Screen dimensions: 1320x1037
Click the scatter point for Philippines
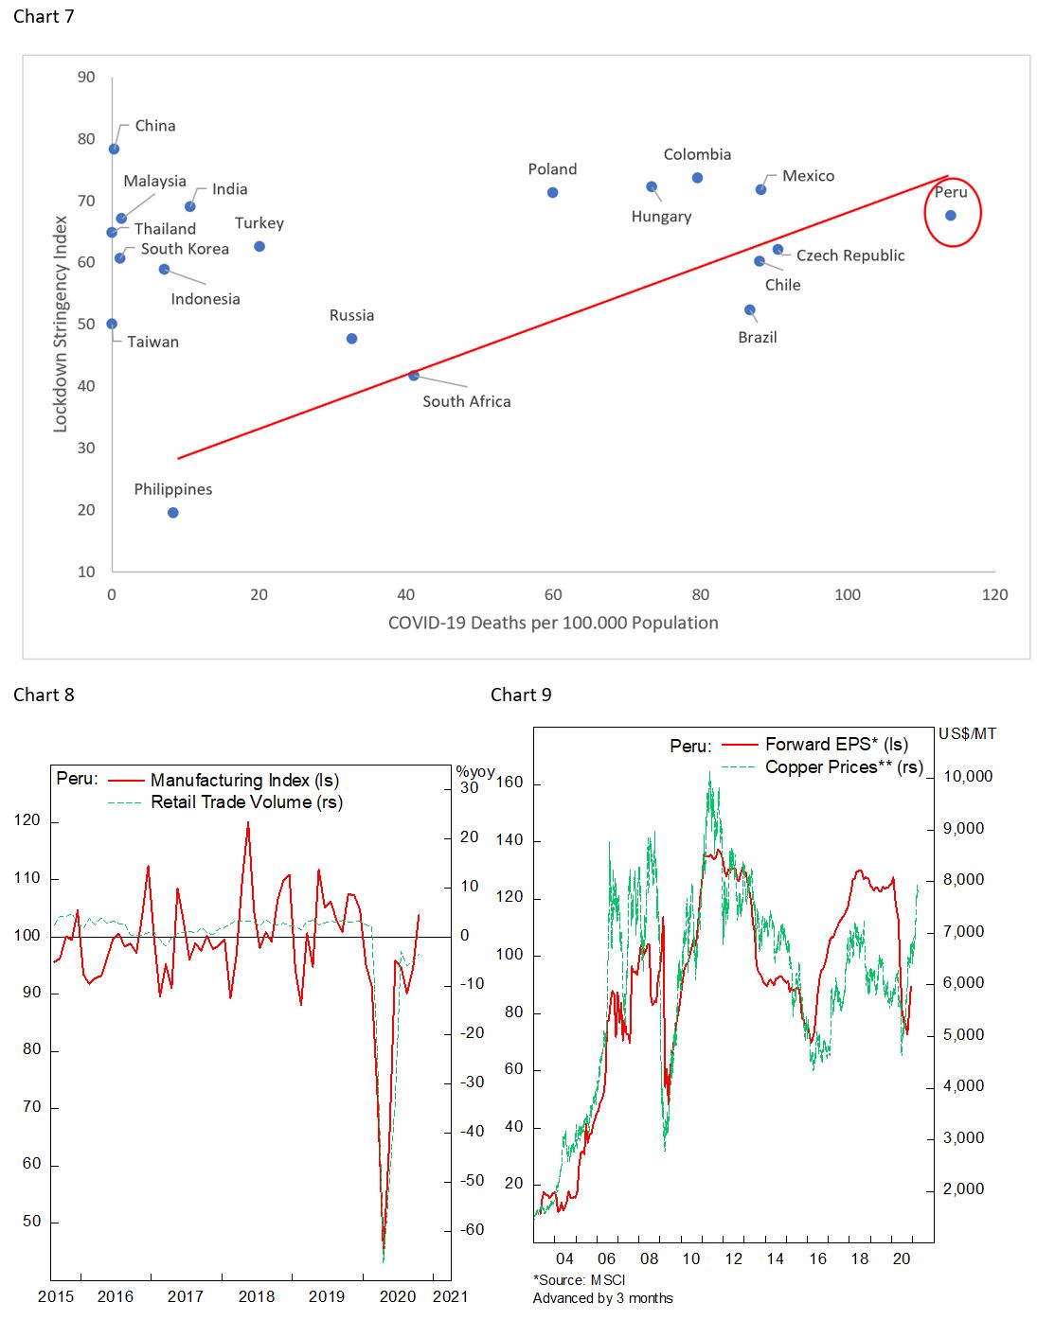pyautogui.click(x=173, y=513)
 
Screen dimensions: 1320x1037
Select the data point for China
pyautogui.click(x=115, y=150)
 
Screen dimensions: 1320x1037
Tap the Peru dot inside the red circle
pyautogui.click(x=951, y=216)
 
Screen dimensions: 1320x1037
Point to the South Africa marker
pyautogui.click(x=414, y=376)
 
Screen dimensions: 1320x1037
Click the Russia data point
pyautogui.click(x=352, y=339)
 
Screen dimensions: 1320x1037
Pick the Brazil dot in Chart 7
pyautogui.click(x=750, y=310)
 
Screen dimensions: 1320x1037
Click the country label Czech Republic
pyautogui.click(x=849, y=255)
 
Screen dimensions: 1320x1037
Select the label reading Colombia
pyautogui.click(x=697, y=154)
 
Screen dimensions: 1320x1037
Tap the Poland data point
pyautogui.click(x=553, y=193)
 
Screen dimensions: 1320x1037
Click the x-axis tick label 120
pyautogui.click(x=994, y=595)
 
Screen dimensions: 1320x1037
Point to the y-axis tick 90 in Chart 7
pyautogui.click(x=86, y=78)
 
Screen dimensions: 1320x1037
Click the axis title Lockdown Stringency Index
pyautogui.click(x=61, y=324)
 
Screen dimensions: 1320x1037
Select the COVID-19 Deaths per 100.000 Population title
pyautogui.click(x=553, y=623)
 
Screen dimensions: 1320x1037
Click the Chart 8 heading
pyautogui.click(x=44, y=695)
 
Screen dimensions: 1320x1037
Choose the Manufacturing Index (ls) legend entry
pyautogui.click(x=244, y=781)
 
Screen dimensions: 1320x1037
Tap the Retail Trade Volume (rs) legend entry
pyautogui.click(x=246, y=802)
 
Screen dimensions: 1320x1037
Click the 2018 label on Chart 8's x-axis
pyautogui.click(x=256, y=1296)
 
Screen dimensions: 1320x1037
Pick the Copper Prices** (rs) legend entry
pyautogui.click(x=843, y=767)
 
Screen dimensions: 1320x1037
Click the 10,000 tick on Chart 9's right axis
pyautogui.click(x=968, y=777)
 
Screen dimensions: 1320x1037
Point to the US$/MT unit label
pyautogui.click(x=967, y=734)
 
